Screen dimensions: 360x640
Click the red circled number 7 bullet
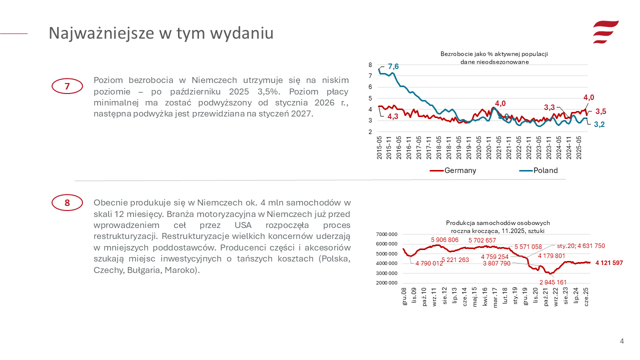click(67, 86)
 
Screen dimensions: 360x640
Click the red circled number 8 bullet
click(67, 202)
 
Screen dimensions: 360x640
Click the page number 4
click(621, 341)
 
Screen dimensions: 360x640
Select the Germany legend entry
click(453, 170)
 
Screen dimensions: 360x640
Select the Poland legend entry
click(538, 170)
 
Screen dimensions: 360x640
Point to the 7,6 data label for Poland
click(393, 66)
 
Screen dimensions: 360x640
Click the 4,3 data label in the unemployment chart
click(393, 116)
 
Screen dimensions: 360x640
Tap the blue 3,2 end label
click(599, 124)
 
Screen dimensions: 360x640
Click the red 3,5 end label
click(600, 111)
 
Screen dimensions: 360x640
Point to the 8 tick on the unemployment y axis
click(370, 65)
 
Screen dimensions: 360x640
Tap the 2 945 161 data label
click(553, 282)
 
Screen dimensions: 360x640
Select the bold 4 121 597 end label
click(608, 263)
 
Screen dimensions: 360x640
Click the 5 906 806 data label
click(444, 240)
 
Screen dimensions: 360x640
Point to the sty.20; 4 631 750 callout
click(581, 245)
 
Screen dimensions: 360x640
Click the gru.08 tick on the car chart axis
click(404, 297)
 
